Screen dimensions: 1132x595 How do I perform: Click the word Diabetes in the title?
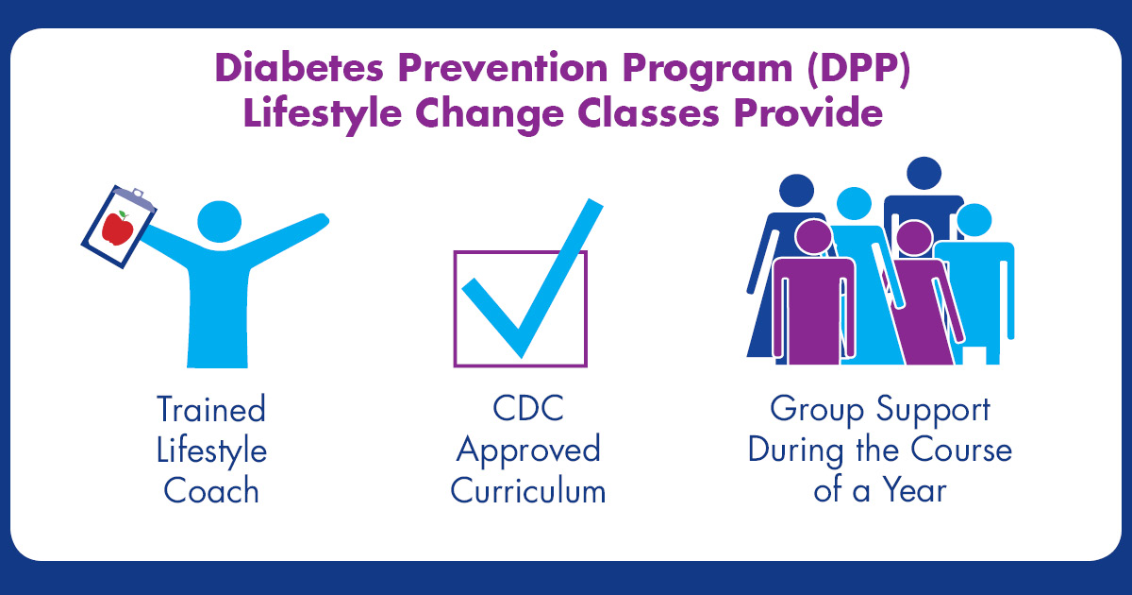(299, 68)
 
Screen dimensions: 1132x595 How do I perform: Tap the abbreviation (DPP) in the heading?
(858, 69)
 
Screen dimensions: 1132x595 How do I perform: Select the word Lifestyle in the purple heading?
(323, 114)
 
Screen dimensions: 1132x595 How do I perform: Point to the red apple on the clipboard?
(118, 229)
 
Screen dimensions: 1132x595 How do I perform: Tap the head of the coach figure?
(219, 222)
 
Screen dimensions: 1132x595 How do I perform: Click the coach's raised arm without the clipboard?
(283, 238)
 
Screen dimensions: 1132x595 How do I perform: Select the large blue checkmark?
(533, 279)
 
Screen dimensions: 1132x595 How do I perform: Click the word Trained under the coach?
(211, 409)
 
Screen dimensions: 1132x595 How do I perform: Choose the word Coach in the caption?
(211, 490)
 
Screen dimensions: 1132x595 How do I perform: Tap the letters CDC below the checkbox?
(528, 408)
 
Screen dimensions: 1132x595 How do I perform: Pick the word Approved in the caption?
(528, 451)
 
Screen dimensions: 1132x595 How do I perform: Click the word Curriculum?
(528, 490)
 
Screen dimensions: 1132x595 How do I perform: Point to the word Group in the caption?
(817, 411)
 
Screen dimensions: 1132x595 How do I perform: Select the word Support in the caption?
(933, 411)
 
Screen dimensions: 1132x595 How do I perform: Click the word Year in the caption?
(915, 490)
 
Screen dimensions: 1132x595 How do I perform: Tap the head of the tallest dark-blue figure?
(924, 173)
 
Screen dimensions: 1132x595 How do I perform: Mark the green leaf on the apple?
(123, 214)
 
